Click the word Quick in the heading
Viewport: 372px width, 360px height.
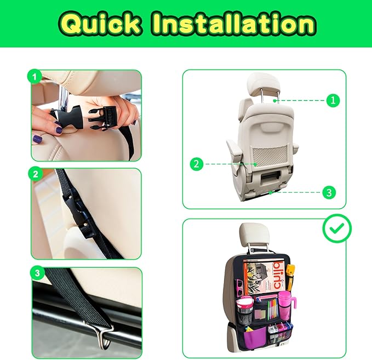101,24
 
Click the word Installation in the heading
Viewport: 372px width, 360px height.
233,24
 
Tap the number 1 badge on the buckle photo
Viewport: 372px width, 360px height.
35,78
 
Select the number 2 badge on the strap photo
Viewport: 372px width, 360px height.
36,175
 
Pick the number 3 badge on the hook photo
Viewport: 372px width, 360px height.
37,273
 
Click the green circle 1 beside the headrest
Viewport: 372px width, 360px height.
333,100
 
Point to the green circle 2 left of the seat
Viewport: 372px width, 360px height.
196,163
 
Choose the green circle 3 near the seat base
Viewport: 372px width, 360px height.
328,192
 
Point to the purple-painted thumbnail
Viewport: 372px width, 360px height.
38,139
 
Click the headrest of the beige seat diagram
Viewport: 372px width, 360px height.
264,85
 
